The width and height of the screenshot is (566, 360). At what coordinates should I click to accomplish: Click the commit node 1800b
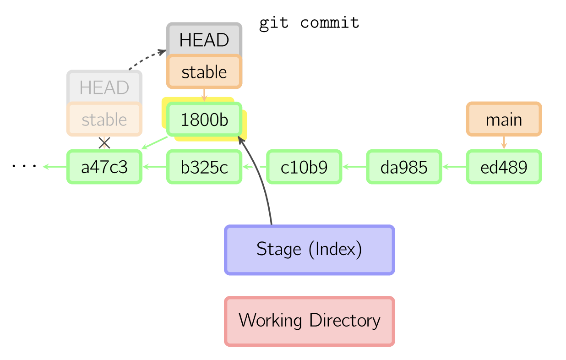(x=204, y=120)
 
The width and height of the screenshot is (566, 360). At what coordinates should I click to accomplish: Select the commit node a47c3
(x=104, y=167)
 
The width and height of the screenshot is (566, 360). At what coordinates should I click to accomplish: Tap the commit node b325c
(x=204, y=167)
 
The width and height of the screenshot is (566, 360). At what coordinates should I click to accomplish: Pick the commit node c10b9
(x=304, y=167)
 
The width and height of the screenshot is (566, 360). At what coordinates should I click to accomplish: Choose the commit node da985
(x=404, y=167)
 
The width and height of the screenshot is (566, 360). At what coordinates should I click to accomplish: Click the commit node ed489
(x=504, y=167)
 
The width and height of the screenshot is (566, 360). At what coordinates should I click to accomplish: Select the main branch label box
(x=504, y=120)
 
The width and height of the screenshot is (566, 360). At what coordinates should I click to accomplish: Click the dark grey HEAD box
(x=204, y=40)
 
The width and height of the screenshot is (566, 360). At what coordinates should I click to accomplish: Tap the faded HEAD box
(x=104, y=87)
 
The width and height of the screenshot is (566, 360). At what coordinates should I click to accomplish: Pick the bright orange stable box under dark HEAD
(x=204, y=72)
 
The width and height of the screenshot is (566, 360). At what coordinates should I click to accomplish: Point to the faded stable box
(x=104, y=120)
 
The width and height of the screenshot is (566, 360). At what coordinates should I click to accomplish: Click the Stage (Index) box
(x=310, y=250)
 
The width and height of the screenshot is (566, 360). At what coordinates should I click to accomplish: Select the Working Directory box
(x=310, y=321)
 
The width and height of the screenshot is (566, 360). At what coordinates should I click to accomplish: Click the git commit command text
(x=310, y=22)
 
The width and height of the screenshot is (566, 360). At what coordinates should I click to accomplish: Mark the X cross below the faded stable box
(x=104, y=143)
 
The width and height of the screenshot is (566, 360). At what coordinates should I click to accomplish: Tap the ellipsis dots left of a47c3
(x=24, y=166)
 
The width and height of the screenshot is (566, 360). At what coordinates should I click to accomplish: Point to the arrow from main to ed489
(x=504, y=142)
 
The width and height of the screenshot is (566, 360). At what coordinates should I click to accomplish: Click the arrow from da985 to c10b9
(x=354, y=167)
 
